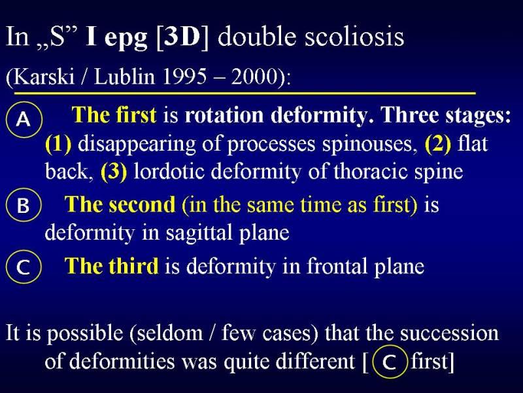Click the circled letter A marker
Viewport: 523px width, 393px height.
tap(24, 120)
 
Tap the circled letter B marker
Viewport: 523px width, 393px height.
tap(23, 205)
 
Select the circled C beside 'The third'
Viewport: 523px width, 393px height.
tap(24, 267)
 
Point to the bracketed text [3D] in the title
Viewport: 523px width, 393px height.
tap(182, 37)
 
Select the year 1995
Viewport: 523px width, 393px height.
tap(184, 77)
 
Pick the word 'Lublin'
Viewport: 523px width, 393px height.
tap(125, 77)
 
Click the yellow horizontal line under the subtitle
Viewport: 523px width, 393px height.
tap(245, 93)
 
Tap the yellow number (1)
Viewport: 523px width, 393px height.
tap(58, 143)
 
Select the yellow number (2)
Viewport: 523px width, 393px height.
tap(437, 143)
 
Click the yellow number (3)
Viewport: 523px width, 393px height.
tap(114, 172)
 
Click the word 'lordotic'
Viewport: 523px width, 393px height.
tap(169, 172)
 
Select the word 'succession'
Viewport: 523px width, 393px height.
tap(450, 333)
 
